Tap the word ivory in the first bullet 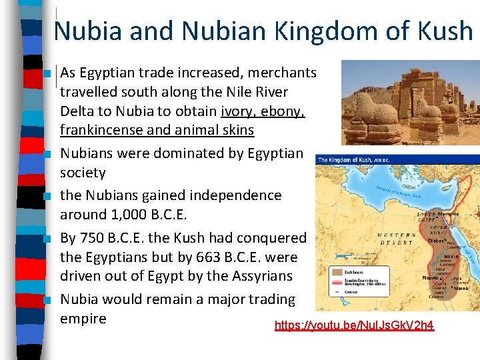[x=235, y=111]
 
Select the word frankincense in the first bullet [x=101, y=130]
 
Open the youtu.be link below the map [x=354, y=325]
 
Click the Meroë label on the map [x=469, y=289]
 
